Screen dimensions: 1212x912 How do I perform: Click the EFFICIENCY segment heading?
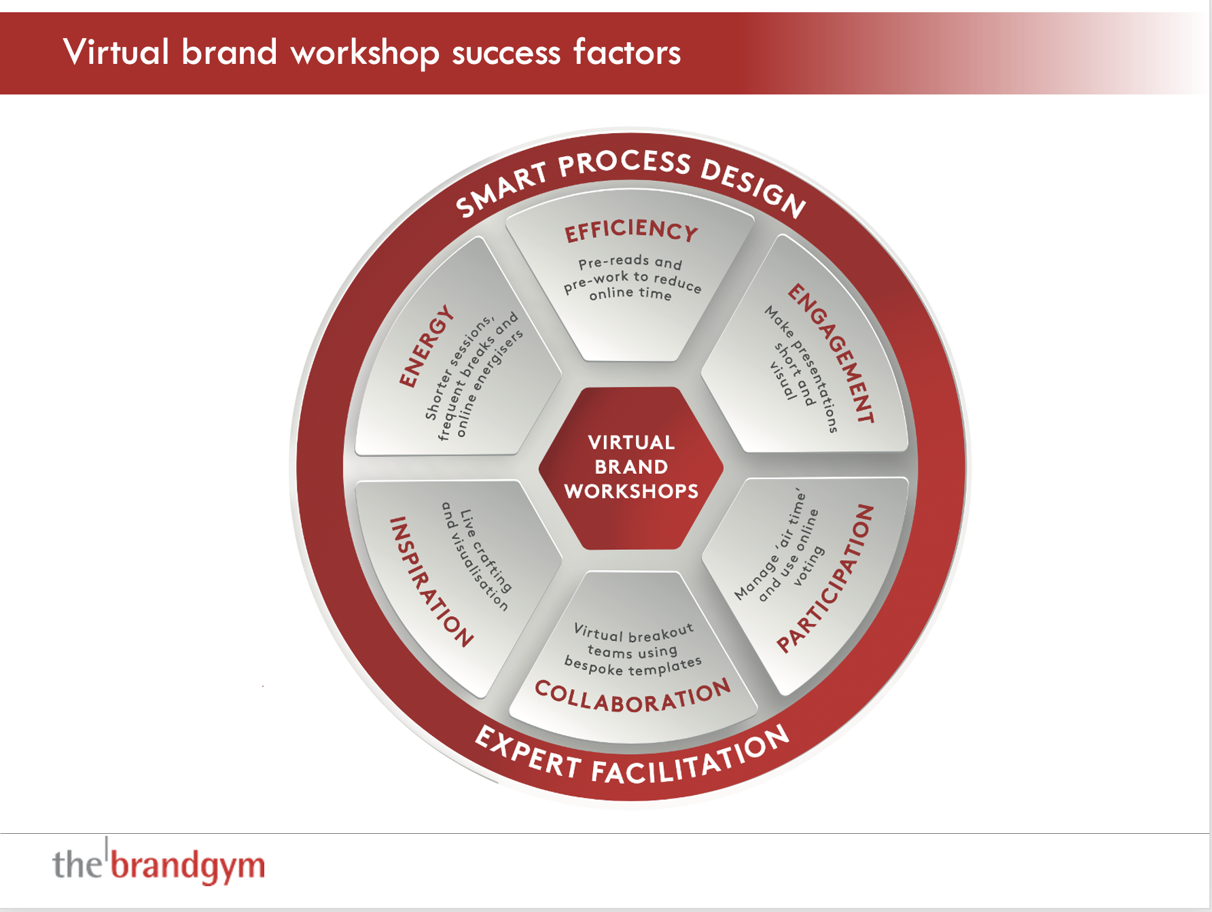(631, 230)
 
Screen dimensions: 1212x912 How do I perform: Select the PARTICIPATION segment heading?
(825, 578)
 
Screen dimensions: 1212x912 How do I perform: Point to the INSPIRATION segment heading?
(430, 582)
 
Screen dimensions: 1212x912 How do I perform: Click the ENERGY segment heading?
(426, 346)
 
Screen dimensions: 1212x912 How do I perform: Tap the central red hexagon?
(631, 468)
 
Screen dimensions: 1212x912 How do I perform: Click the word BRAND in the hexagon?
(631, 467)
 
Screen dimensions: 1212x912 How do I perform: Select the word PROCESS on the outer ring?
(625, 163)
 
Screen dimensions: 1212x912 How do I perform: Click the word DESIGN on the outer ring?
(754, 188)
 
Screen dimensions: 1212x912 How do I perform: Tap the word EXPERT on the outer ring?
(528, 752)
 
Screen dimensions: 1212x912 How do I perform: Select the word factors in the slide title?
(626, 52)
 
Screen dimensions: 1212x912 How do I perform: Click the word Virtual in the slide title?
(116, 52)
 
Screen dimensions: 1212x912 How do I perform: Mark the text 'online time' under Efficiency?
(630, 294)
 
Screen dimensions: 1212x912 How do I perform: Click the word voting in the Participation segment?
(808, 565)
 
